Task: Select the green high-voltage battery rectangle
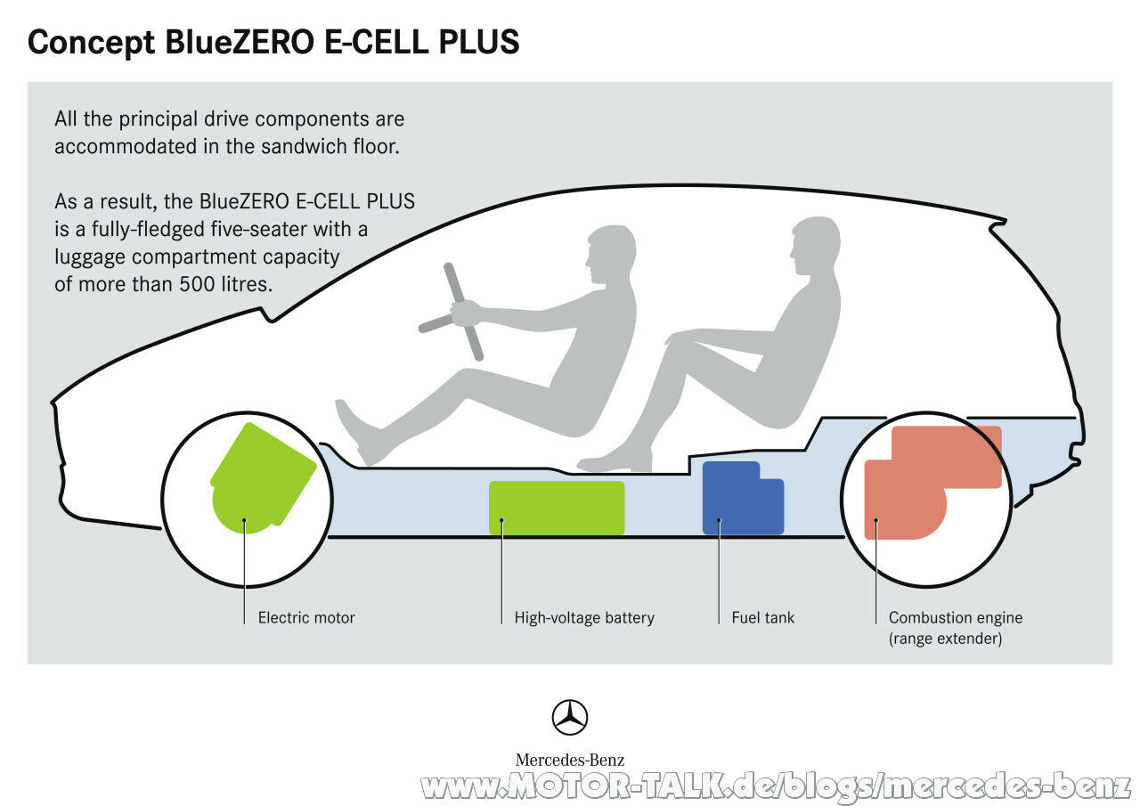(557, 508)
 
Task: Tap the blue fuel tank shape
(742, 499)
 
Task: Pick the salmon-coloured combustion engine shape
(926, 481)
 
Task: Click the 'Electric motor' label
(306, 618)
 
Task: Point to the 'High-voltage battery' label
(584, 618)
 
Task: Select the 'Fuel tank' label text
(763, 618)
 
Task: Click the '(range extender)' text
(945, 639)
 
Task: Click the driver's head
(611, 254)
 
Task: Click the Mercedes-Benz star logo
(570, 718)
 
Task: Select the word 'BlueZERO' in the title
(240, 42)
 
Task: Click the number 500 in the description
(197, 284)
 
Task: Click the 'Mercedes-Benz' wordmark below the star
(570, 760)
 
